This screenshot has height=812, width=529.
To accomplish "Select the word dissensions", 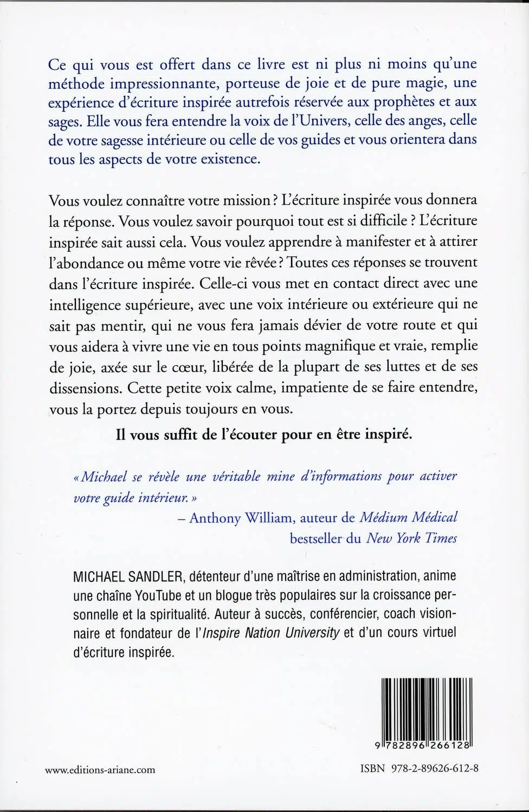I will [x=84, y=388].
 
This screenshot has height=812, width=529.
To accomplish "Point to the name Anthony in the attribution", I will [x=215, y=518].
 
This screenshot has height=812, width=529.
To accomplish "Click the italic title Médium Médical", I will [x=408, y=518].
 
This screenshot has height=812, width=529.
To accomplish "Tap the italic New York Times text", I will [x=411, y=539].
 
